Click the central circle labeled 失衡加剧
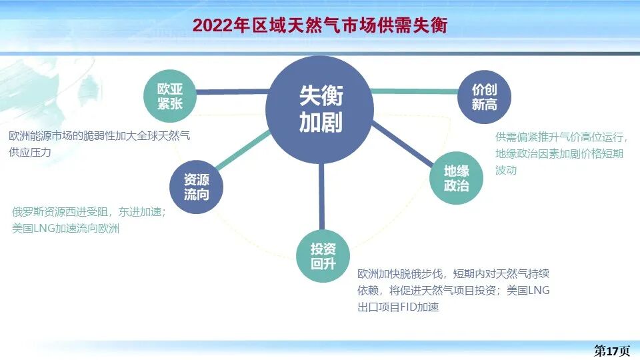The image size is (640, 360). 321,107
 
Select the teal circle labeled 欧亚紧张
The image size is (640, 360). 169,97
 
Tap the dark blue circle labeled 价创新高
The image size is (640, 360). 484,97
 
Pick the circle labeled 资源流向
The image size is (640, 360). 196,187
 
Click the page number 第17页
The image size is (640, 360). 612,351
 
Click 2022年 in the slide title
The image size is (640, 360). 217,25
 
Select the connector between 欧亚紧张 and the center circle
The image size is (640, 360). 230,91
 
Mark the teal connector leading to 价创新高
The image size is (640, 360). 413,91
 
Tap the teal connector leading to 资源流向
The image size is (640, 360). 244,151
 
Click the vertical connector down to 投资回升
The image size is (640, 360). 321,197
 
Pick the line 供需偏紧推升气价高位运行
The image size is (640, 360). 561,137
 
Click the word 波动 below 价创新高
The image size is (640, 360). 506,170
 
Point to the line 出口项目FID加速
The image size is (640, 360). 398,307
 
